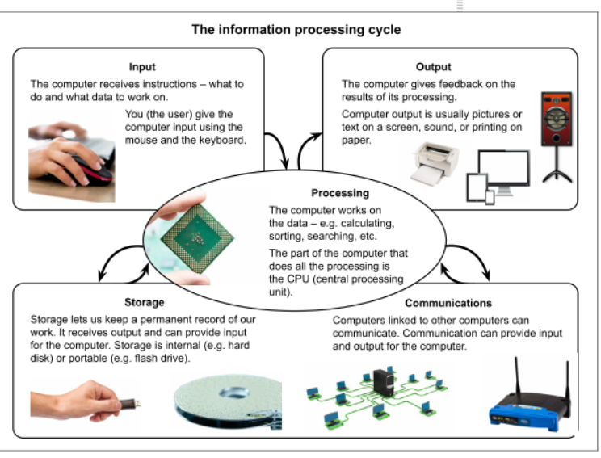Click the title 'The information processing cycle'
coord(296,30)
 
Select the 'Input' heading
coord(142,67)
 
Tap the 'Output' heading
coord(434,67)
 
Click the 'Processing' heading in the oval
coord(340,193)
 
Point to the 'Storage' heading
coord(144,302)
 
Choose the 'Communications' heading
coord(448,303)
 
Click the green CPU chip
coord(197,239)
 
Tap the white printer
coord(435,164)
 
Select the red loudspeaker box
coord(557,119)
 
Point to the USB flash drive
coord(128,404)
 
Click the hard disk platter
coord(229,401)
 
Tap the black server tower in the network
coord(384,383)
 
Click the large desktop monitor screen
coord(504,169)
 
